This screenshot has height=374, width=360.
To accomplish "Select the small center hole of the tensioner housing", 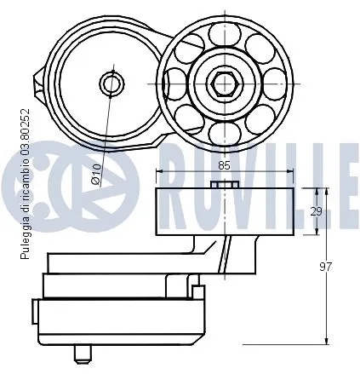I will [111, 83].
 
